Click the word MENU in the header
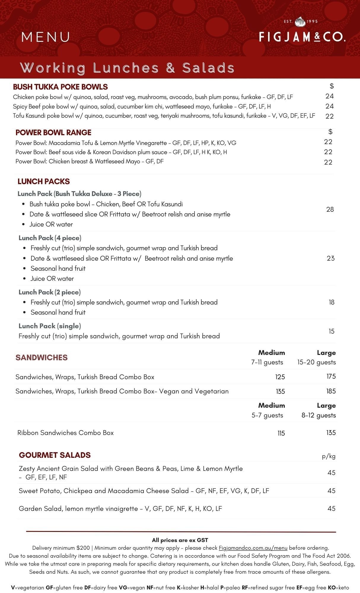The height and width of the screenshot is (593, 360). click(46, 37)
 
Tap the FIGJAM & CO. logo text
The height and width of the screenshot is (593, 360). click(302, 37)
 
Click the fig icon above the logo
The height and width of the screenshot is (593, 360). click(300, 21)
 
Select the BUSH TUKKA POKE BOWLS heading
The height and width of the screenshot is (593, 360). click(60, 87)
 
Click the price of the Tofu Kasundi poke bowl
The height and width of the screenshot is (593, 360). click(329, 116)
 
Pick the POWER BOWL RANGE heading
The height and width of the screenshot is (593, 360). click(53, 133)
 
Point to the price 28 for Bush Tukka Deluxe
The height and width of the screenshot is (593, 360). click(330, 209)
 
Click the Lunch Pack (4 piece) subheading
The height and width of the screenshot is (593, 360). click(50, 238)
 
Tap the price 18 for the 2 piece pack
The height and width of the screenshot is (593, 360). click(331, 302)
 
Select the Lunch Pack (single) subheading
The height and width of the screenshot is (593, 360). click(50, 326)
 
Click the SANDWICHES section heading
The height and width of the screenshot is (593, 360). click(42, 358)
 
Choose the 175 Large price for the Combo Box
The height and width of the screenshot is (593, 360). click(331, 376)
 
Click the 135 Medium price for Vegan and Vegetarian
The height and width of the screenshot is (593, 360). click(280, 391)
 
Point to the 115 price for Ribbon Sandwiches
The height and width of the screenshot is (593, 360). click(281, 433)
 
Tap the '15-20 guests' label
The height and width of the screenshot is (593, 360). click(316, 362)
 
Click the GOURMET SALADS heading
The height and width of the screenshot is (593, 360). click(55, 455)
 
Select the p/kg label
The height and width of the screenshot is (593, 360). click(329, 456)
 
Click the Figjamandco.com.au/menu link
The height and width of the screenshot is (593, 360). click(253, 548)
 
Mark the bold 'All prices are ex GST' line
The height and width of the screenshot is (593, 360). click(180, 540)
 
